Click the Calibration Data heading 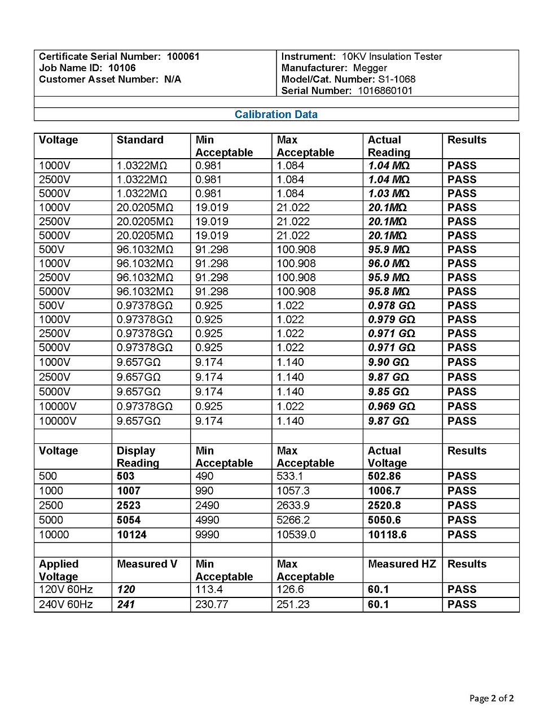click(x=276, y=115)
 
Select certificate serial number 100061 click(x=183, y=56)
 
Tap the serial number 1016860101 click(x=385, y=90)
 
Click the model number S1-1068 click(x=397, y=79)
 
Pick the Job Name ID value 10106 click(x=122, y=68)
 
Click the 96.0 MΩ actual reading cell click(x=389, y=264)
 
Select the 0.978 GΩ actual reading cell click(x=391, y=305)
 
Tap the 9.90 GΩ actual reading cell click(x=388, y=363)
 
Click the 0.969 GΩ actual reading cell click(x=391, y=407)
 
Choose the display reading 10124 click(x=131, y=535)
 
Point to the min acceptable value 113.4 click(x=209, y=590)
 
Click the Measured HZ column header click(x=402, y=564)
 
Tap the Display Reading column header click(x=138, y=457)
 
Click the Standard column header click(x=140, y=140)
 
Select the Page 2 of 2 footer click(x=491, y=698)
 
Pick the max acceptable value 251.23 click(x=293, y=604)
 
